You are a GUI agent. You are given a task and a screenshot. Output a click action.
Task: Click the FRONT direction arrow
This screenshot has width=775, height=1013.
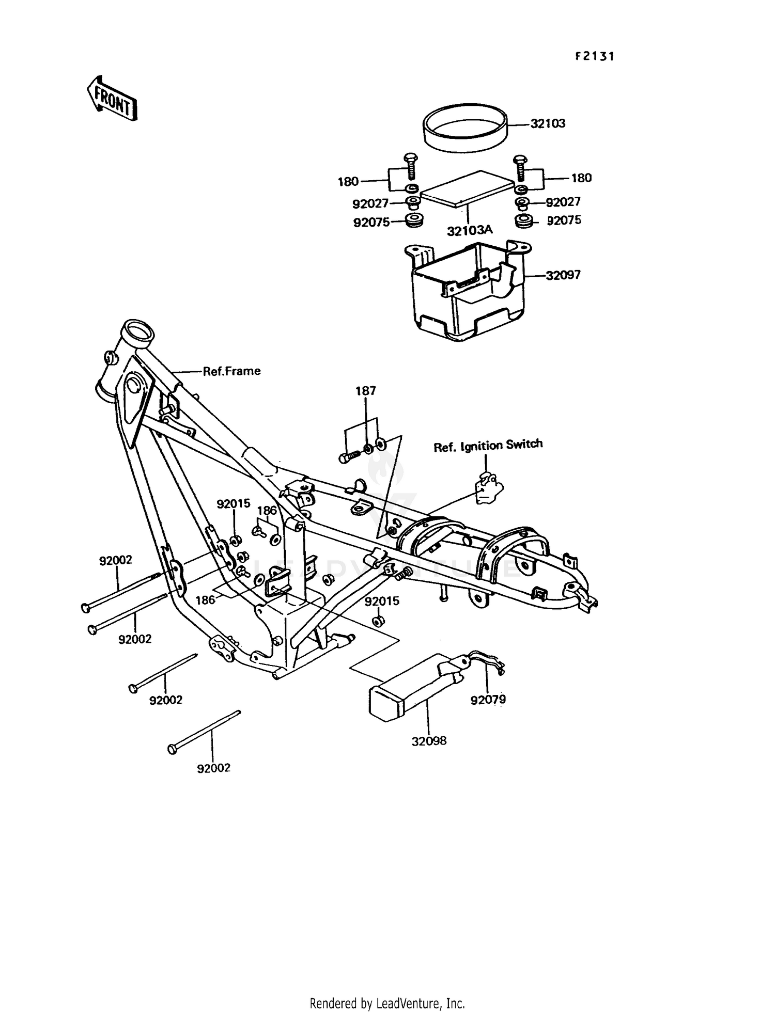[x=112, y=98]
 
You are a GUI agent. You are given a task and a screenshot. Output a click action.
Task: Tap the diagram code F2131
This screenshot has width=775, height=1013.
[x=595, y=56]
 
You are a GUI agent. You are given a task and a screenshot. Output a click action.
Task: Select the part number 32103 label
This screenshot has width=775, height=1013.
[x=548, y=124]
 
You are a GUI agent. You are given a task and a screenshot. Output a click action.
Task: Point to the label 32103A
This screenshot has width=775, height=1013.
[x=470, y=231]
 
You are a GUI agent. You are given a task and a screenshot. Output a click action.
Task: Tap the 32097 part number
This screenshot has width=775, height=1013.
[x=563, y=275]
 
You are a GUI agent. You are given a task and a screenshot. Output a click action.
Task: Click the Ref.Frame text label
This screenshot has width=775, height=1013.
[x=231, y=371]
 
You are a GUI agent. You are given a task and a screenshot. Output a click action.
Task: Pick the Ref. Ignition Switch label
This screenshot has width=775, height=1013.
[x=488, y=445]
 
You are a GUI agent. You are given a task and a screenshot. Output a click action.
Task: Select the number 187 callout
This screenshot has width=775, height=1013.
[x=365, y=391]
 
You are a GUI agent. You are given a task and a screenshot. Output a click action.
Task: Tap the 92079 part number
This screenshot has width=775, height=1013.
[x=488, y=700]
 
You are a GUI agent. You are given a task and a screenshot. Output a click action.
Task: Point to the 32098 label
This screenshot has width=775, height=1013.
[x=429, y=741]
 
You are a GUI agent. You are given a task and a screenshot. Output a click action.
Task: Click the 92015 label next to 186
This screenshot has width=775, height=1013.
[x=233, y=503]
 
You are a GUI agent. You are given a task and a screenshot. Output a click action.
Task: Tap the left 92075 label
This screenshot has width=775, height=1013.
[x=371, y=223]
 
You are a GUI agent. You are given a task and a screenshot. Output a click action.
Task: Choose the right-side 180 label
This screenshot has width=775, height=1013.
[x=581, y=178]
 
